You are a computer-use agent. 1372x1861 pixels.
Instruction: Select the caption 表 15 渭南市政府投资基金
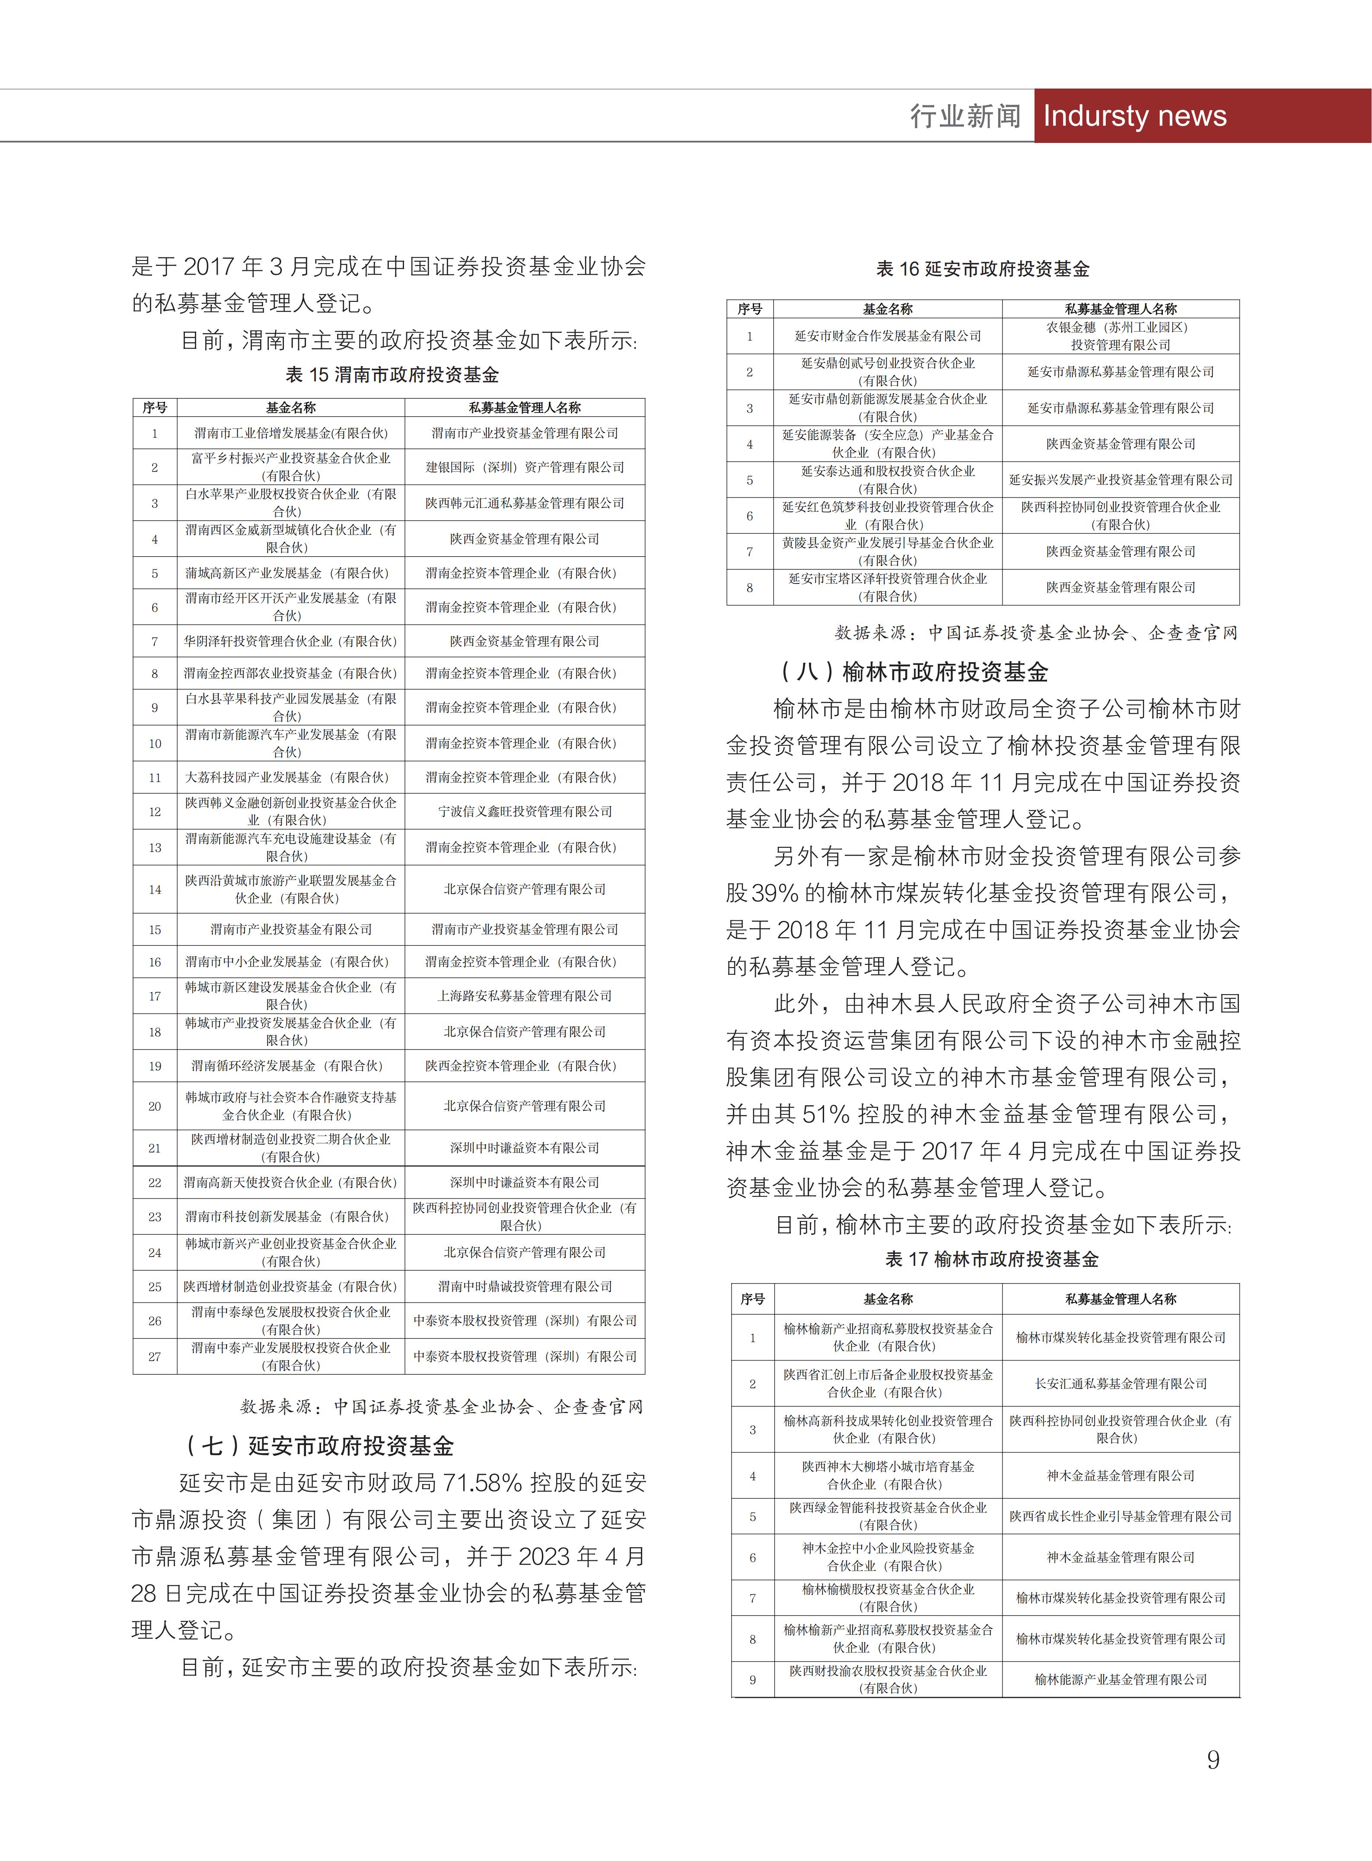(x=392, y=375)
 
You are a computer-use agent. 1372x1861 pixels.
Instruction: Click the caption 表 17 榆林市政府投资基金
(x=992, y=1259)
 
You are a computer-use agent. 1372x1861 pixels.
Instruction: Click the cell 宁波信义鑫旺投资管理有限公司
(x=525, y=811)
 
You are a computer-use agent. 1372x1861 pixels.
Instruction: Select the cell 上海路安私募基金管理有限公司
(x=525, y=995)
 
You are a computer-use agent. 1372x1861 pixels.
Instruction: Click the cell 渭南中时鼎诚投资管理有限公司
(x=525, y=1286)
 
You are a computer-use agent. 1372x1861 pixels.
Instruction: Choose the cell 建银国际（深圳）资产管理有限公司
(x=525, y=467)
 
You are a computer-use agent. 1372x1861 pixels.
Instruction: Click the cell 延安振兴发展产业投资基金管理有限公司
(x=1121, y=480)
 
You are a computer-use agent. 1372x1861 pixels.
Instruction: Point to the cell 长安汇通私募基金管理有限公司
(x=1121, y=1384)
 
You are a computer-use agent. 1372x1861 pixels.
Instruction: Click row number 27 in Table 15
(x=154, y=1356)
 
